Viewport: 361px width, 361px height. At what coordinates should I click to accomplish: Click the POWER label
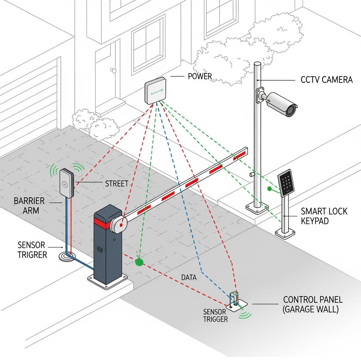[x=200, y=76]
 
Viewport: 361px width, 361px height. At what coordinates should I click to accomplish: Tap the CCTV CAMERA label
[x=326, y=80]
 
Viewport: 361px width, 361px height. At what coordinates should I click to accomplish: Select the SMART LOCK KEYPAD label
[x=324, y=216]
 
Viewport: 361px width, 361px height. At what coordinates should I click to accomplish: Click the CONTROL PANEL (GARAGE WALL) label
[x=313, y=305]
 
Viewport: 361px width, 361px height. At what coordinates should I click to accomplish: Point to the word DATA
[x=189, y=277]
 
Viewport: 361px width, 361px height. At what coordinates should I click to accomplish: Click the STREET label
[x=117, y=184]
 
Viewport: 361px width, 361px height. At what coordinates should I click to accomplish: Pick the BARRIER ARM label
[x=29, y=206]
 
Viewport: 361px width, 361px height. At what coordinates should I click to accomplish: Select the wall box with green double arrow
[x=155, y=91]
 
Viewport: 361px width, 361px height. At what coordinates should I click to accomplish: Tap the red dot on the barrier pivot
[x=121, y=224]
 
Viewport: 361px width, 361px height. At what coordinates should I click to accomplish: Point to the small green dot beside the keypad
[x=269, y=189]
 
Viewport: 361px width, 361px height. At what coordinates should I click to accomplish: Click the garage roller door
[x=28, y=106]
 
